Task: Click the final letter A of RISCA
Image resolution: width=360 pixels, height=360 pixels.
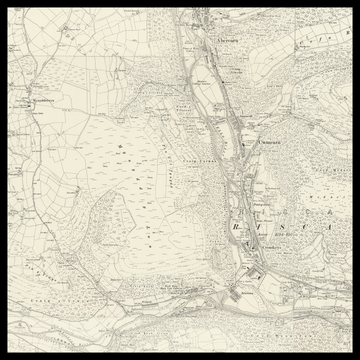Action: [335, 227]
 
